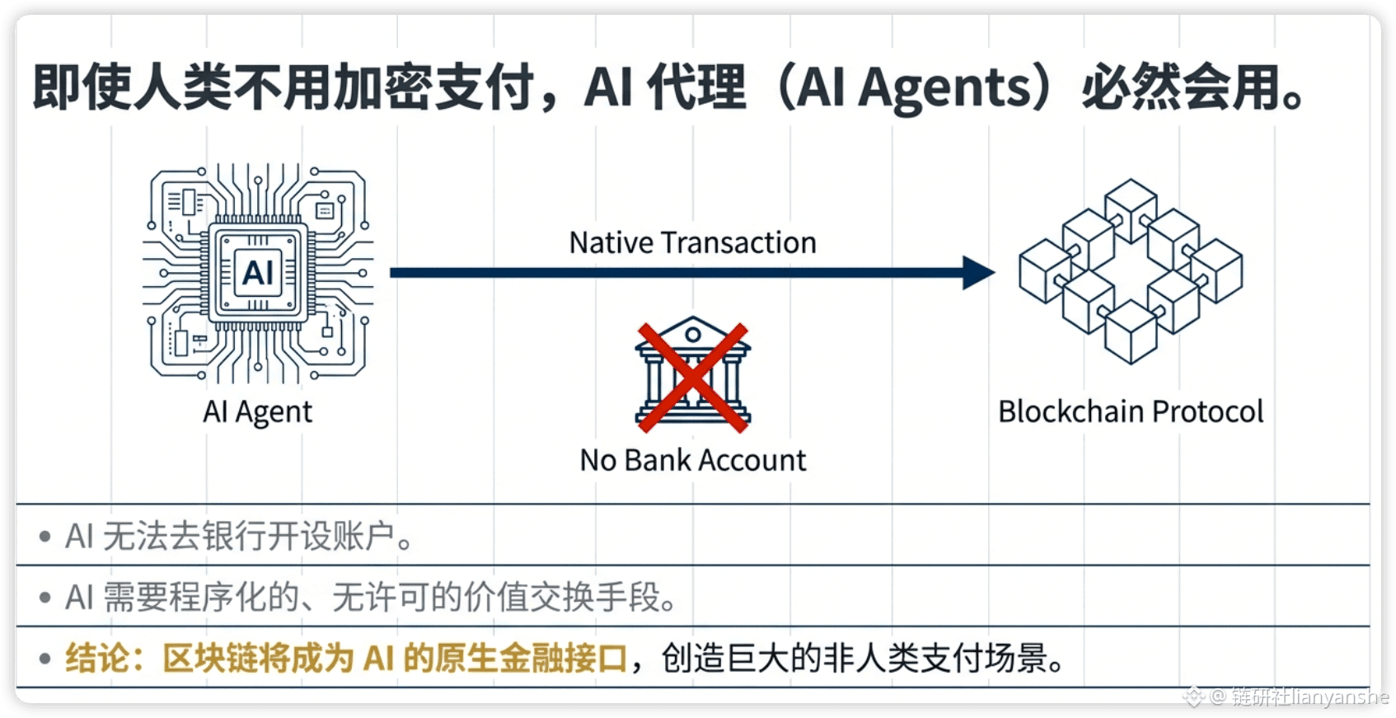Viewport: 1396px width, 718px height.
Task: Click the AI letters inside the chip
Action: (x=258, y=272)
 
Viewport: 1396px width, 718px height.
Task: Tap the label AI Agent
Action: (x=258, y=411)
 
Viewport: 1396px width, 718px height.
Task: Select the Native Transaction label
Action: (x=692, y=243)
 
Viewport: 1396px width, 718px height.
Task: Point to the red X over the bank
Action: (x=692, y=378)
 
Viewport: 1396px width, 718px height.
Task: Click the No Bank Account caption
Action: (x=692, y=460)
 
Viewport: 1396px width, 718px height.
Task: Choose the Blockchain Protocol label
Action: (x=1131, y=411)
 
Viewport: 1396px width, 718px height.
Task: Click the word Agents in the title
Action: (x=944, y=88)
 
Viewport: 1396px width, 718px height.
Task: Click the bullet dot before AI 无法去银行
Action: (x=45, y=537)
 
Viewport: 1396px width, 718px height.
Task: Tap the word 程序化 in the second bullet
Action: (x=201, y=598)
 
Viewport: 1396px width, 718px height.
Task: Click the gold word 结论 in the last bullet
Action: (x=97, y=659)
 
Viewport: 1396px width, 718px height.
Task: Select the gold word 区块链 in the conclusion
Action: (x=209, y=659)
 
